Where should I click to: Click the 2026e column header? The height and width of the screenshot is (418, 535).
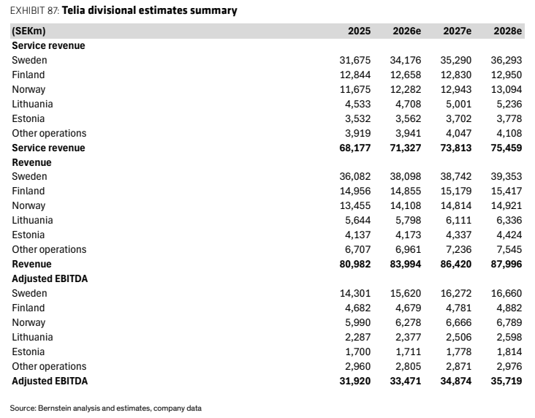point(406,31)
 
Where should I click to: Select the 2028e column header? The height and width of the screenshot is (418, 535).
point(508,31)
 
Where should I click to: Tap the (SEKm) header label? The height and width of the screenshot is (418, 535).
point(29,31)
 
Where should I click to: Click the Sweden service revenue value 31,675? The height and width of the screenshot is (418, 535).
point(355,60)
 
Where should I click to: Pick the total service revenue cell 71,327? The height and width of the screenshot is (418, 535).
point(406,148)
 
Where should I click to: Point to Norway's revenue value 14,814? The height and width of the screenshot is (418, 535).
point(456,205)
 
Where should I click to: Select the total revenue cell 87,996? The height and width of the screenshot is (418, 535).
point(506,264)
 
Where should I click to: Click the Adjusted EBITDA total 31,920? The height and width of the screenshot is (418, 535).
point(355,381)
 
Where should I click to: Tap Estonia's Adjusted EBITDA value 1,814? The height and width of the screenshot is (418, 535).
point(509,351)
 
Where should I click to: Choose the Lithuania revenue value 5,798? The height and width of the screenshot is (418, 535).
point(408,220)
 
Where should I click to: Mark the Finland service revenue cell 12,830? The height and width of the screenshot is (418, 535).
point(456,75)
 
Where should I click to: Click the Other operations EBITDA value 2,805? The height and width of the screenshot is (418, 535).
point(408,366)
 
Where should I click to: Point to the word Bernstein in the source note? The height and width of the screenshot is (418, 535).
point(52,408)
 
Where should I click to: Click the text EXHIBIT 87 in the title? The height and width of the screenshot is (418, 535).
point(35,10)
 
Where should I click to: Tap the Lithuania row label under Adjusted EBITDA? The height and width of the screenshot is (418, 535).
point(32,337)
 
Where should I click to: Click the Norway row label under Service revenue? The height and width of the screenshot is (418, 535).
point(29,89)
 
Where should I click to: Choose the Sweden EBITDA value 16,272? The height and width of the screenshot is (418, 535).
point(456,293)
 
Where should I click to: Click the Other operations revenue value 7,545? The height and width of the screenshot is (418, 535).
point(509,249)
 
